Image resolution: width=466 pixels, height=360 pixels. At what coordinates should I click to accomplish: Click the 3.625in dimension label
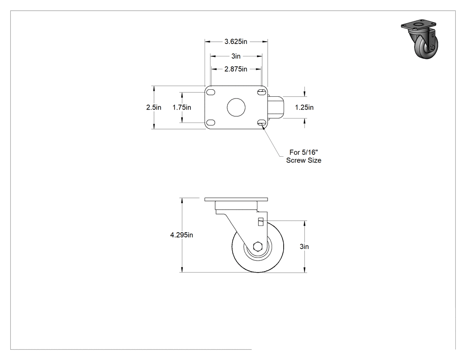[x=236, y=42]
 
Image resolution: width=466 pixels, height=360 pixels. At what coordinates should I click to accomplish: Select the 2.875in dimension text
[x=236, y=69]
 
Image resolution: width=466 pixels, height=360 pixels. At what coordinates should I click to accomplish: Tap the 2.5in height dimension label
[x=154, y=107]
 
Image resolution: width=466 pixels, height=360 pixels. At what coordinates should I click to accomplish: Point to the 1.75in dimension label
[x=182, y=107]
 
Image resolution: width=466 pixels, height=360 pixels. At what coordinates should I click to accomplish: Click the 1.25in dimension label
[x=304, y=107]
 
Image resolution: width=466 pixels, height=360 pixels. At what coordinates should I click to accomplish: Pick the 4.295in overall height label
[x=182, y=235]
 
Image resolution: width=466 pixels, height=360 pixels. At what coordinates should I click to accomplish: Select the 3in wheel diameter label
[x=304, y=246]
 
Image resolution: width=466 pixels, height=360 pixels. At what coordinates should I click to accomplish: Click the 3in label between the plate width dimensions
[x=236, y=56]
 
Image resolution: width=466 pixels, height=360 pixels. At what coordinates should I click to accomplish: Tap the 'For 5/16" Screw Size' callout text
[x=304, y=156]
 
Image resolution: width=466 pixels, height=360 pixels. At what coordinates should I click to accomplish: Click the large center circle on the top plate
[x=236, y=107]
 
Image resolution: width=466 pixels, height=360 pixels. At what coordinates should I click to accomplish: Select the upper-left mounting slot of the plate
[x=211, y=92]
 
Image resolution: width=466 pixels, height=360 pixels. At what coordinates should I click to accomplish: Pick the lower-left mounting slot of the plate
[x=211, y=123]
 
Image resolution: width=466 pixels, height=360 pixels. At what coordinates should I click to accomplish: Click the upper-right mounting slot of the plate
[x=262, y=92]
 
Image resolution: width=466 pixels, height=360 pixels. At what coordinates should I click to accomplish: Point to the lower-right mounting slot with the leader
[x=262, y=123]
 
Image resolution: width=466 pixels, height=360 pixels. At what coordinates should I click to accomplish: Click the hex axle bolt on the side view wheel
[x=257, y=246]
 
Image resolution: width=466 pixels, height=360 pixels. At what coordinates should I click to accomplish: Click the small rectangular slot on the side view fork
[x=261, y=222]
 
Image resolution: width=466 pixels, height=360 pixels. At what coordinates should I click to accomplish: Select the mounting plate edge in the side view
[x=236, y=199]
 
